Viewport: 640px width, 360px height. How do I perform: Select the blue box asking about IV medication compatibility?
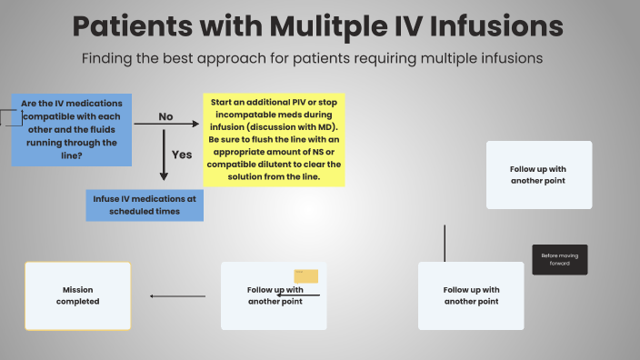click(72, 129)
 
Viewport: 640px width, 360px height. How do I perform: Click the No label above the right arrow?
click(165, 116)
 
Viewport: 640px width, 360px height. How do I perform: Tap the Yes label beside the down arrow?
click(182, 155)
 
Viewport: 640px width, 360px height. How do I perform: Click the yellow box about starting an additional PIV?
click(274, 141)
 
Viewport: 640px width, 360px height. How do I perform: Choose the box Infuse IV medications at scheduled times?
click(144, 205)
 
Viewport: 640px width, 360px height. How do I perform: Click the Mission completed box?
click(77, 295)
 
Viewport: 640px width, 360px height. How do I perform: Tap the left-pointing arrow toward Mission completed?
click(177, 295)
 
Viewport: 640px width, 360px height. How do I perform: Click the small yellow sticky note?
click(305, 276)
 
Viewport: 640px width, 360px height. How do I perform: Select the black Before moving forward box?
click(559, 259)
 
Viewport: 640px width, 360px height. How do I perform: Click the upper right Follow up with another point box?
click(539, 175)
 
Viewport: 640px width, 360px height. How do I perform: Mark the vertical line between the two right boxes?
click(445, 243)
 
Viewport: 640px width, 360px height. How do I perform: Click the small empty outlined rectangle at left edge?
click(10, 116)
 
